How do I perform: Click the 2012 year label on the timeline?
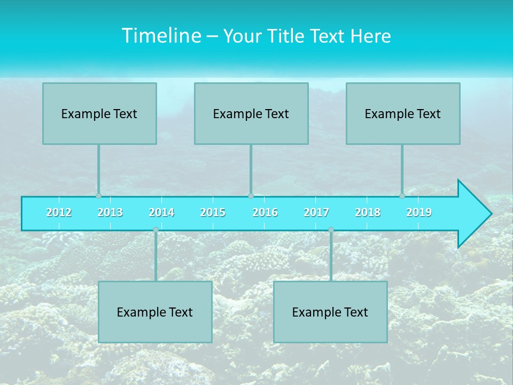tap(59, 212)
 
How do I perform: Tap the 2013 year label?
tap(110, 212)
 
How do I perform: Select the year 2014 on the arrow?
tap(161, 212)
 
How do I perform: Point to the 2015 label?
tap(213, 212)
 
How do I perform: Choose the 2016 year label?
tap(265, 212)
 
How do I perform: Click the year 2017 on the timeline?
tap(316, 212)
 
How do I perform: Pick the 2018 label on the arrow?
tap(368, 212)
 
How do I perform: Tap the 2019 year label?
tap(419, 212)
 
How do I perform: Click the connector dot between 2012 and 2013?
tap(98, 196)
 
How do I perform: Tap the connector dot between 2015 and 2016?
tap(251, 196)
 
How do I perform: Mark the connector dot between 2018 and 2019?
tap(402, 196)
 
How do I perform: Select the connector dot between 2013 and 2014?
tap(156, 230)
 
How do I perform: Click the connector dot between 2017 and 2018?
tap(331, 230)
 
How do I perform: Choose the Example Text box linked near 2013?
tap(99, 113)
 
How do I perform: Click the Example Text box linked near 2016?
tap(251, 113)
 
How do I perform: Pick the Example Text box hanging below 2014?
tap(155, 312)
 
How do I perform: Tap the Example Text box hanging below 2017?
tap(330, 312)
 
